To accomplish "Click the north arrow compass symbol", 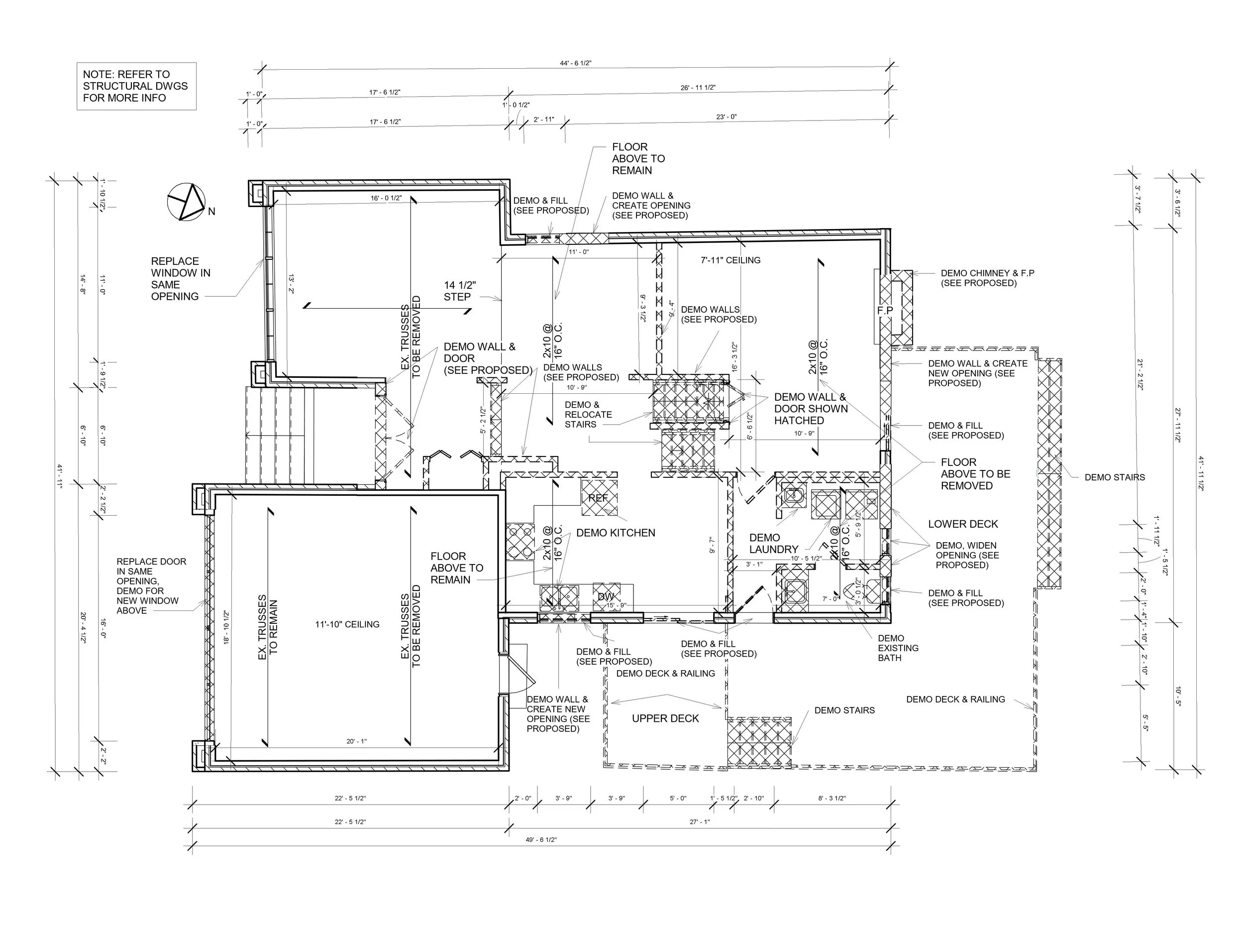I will click(x=187, y=202).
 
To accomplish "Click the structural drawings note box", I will click(x=136, y=86).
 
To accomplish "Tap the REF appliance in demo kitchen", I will click(x=599, y=498).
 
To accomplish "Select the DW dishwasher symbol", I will click(x=606, y=596).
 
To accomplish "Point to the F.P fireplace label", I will click(x=885, y=311).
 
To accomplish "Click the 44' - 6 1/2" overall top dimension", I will click(x=575, y=63).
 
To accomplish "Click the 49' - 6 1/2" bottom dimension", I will click(x=541, y=840).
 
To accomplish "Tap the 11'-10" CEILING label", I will click(x=347, y=624).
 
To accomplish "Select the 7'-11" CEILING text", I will click(x=730, y=260).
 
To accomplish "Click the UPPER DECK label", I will click(x=665, y=718).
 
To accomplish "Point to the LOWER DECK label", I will click(x=963, y=524).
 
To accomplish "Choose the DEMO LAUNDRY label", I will click(x=773, y=543).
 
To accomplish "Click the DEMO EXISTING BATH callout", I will click(x=898, y=648).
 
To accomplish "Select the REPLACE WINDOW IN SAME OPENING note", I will click(x=180, y=278).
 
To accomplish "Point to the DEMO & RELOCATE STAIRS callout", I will click(x=588, y=415).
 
